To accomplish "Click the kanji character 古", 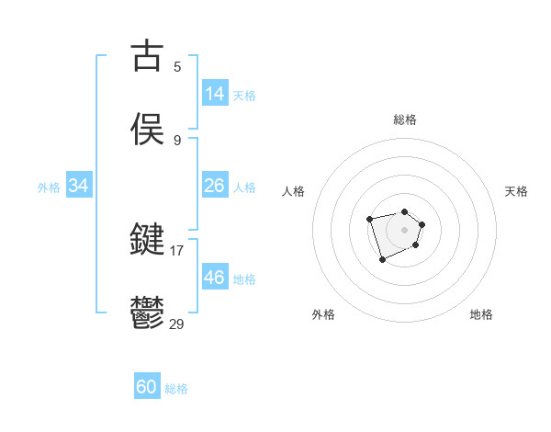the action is tap(148, 56).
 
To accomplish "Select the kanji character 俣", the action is tap(148, 129).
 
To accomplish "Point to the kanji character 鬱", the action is tap(148, 312).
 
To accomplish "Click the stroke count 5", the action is tap(177, 66).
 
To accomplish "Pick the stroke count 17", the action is tap(176, 249).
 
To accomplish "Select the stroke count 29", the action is tap(176, 323).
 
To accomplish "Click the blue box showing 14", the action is tap(215, 94).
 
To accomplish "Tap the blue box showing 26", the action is tap(215, 186).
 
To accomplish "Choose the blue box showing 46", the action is tap(215, 277).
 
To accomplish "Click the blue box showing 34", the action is tap(79, 186).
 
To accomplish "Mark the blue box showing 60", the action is tap(147, 387).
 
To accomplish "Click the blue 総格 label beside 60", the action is tap(176, 389).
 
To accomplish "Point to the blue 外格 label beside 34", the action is tap(49, 188).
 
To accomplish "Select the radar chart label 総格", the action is tap(405, 119).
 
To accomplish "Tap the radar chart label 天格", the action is tap(516, 191).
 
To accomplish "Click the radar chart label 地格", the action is tap(481, 314).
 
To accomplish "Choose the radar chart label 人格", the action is tap(294, 191).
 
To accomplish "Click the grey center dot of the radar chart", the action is tap(405, 229).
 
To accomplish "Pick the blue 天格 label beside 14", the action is tap(244, 96).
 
